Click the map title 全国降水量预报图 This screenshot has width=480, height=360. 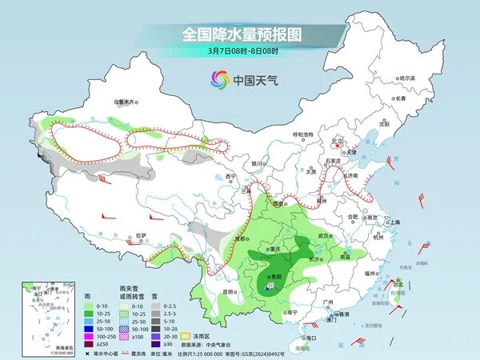[x=241, y=34]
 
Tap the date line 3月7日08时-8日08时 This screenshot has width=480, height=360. [x=241, y=52]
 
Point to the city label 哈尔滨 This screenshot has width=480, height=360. [x=408, y=78]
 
